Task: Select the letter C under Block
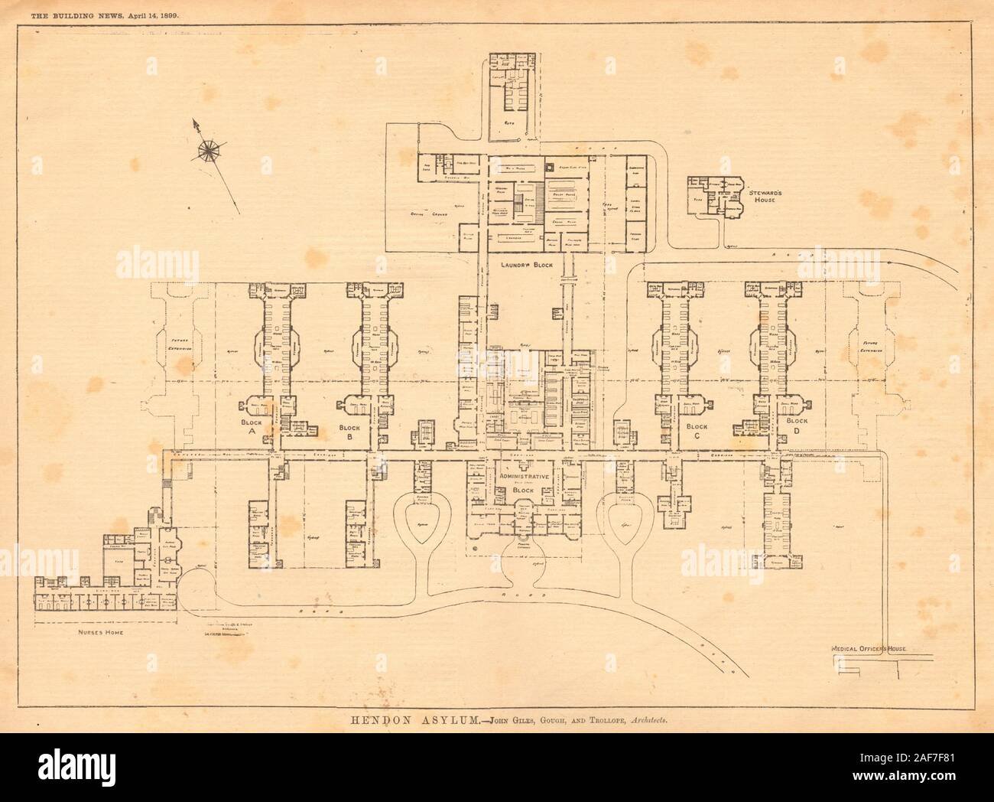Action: pos(697,435)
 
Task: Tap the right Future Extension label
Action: pos(872,345)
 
